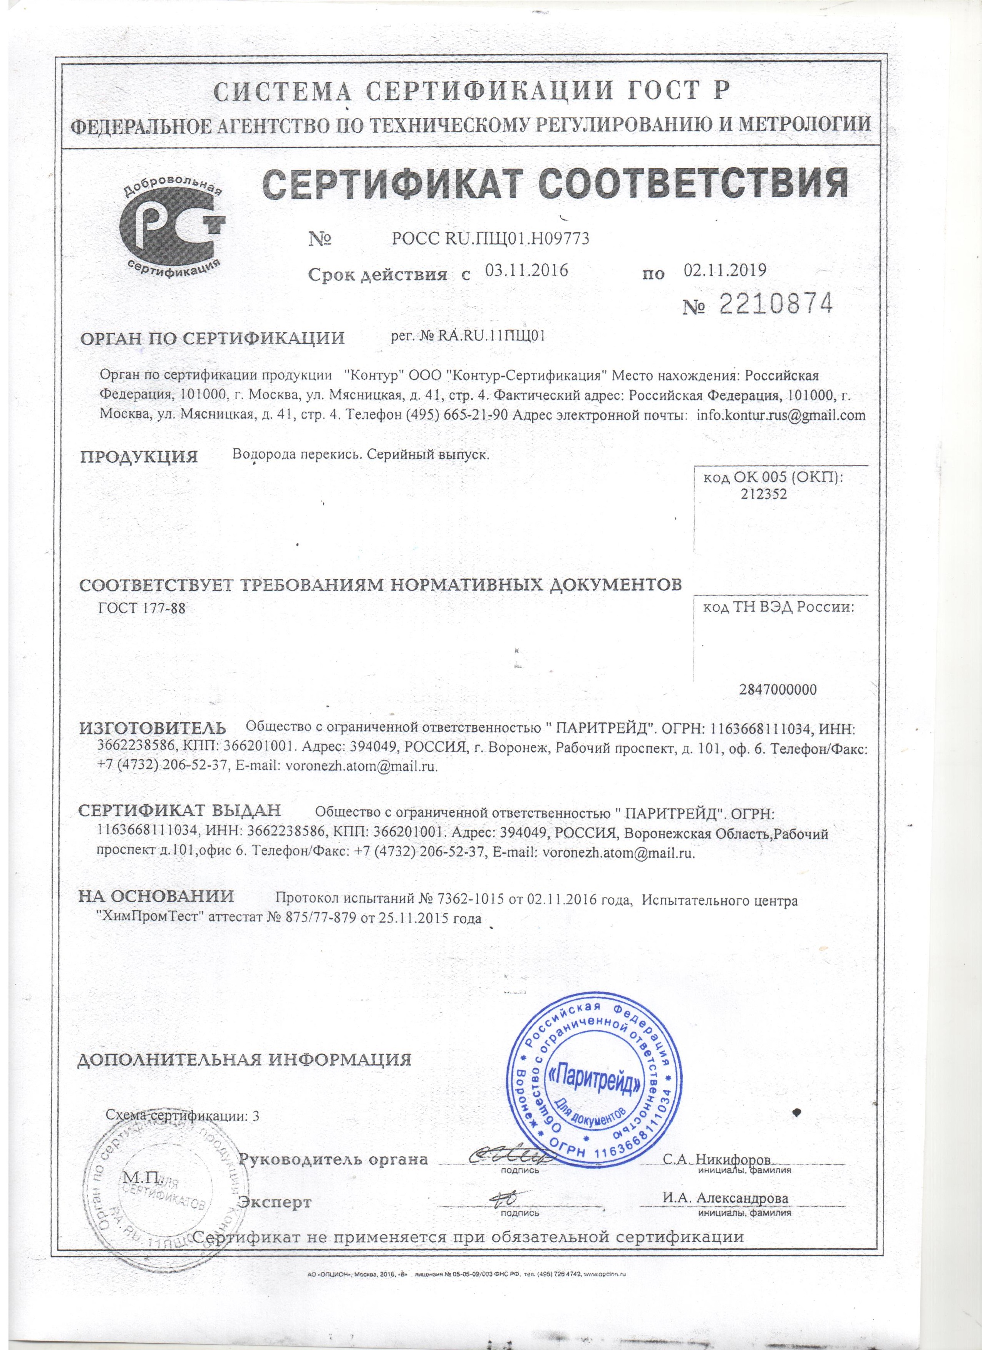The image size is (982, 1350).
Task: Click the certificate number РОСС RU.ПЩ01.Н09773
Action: click(490, 238)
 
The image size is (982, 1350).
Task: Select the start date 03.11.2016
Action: click(527, 271)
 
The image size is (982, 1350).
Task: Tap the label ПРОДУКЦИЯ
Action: click(139, 457)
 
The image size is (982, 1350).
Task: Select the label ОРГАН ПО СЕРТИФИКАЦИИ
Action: click(213, 339)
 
